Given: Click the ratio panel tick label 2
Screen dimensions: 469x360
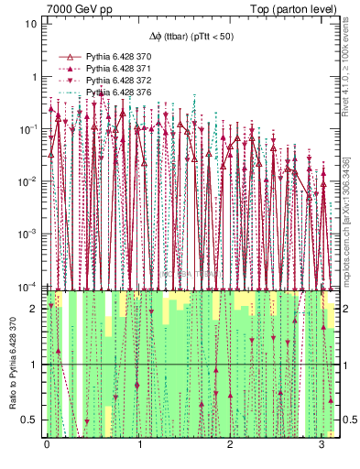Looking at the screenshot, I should [x=35, y=309].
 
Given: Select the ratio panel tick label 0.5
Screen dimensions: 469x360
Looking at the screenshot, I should [x=31, y=420].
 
